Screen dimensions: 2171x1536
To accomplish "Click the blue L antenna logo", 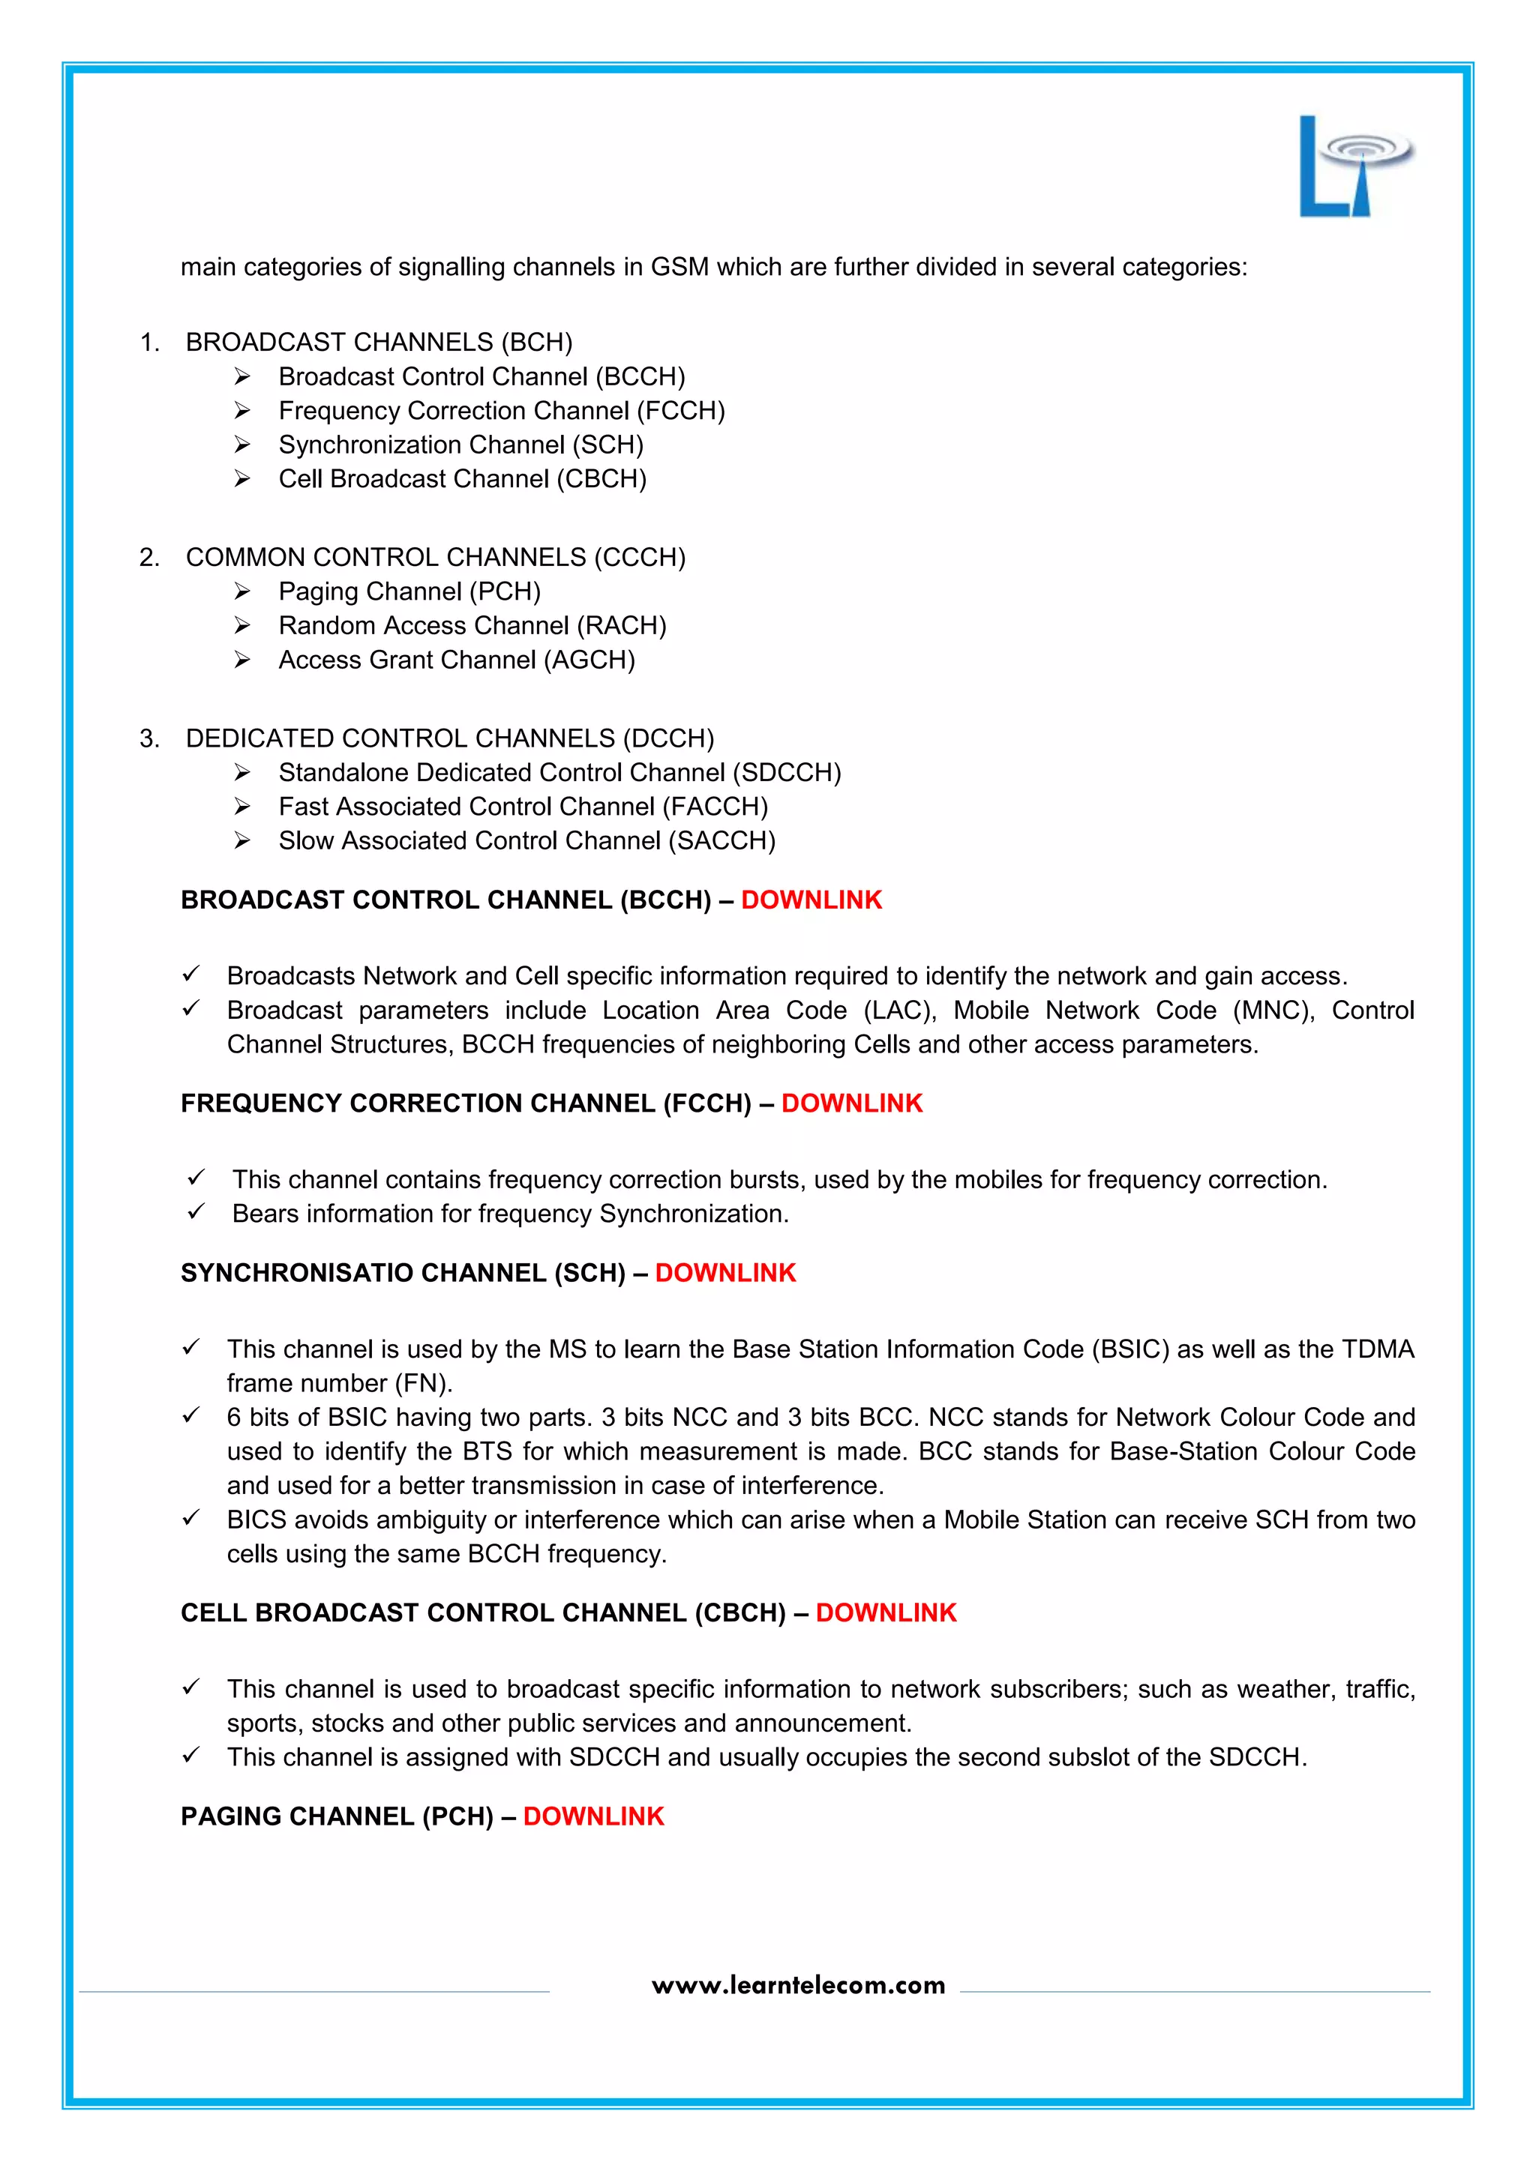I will click(1352, 167).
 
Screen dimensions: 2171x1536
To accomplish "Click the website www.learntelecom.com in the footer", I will click(798, 1985).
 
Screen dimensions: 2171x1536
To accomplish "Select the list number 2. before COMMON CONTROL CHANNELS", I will click(149, 558).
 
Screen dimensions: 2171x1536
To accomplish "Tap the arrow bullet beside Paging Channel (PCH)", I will click(242, 592).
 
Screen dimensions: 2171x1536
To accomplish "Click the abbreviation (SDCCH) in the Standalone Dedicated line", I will click(787, 773).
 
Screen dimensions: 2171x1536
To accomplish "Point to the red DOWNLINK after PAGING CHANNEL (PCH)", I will click(593, 1816).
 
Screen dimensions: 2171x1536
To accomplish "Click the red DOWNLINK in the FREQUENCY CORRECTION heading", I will click(851, 1103).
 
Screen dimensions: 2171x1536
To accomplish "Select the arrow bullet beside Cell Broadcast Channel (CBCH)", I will click(242, 479).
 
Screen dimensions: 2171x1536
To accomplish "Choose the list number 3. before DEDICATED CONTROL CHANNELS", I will click(149, 738).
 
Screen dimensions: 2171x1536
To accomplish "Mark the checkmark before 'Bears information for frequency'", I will click(196, 1212).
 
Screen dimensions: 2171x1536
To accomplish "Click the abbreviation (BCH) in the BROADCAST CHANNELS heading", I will click(536, 343).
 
